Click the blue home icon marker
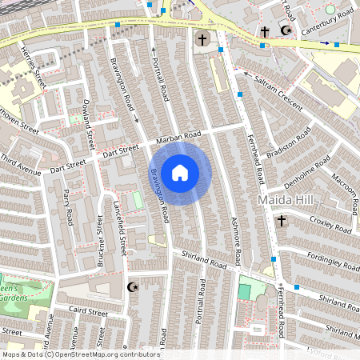point(180,172)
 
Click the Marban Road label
point(178,137)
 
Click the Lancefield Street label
point(120,227)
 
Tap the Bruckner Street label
point(100,240)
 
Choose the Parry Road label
point(68,204)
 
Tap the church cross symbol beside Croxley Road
point(281,221)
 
